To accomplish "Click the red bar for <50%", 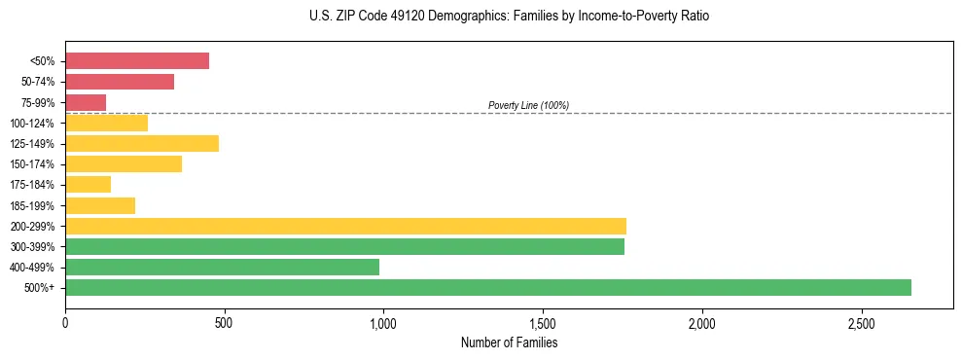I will pos(137,61).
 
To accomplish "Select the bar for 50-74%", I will pos(120,82).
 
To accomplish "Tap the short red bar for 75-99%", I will pos(86,102).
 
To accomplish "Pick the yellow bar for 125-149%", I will pos(142,143).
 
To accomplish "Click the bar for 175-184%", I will pos(88,184).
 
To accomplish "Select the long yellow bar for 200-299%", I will pos(345,226).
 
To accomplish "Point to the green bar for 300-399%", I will pos(344,246).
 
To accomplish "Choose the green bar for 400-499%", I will pos(222,267).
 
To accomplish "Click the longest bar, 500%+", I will pos(488,287).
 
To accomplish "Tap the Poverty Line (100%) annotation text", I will pos(528,105).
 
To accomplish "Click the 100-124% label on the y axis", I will pos(32,124).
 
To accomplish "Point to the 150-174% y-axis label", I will pos(32,164).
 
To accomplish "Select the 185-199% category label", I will pos(32,205).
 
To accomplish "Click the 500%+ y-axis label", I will pos(40,288).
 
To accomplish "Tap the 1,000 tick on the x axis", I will pos(383,322).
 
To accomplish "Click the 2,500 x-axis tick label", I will pos(861,322).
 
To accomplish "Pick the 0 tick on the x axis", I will pos(65,322).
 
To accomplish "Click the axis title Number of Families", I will pos(509,342).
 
